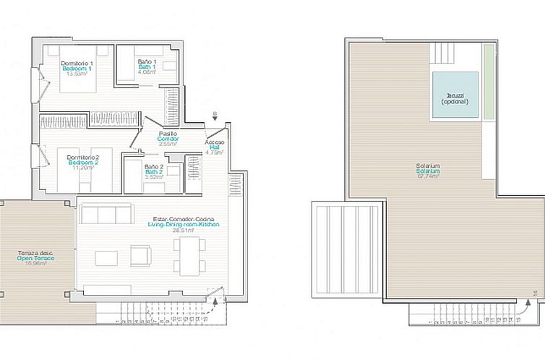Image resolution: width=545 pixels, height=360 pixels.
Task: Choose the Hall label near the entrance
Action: tap(215, 146)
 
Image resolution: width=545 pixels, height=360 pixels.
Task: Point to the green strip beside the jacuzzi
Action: tap(489, 82)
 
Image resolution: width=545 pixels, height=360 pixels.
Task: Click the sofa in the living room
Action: tap(107, 214)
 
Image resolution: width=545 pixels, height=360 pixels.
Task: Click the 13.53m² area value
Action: tap(76, 73)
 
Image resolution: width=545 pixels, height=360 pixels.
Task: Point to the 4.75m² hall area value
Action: tap(215, 153)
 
